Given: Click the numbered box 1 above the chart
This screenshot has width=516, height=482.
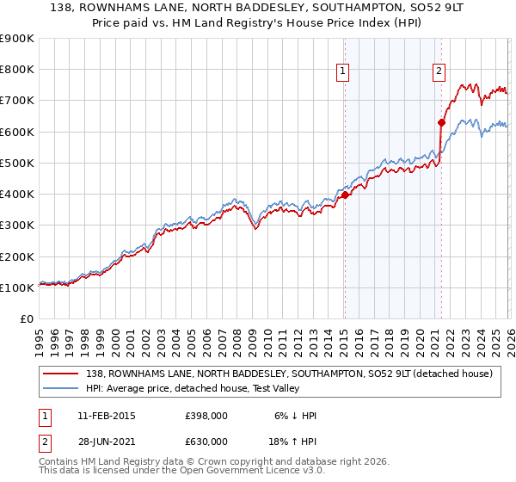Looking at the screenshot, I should coord(343,71).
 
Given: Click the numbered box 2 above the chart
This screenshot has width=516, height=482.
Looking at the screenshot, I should coord(439,71).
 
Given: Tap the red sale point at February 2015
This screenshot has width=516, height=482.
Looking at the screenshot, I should coord(345,195).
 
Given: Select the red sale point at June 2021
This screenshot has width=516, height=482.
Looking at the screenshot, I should coord(441,122).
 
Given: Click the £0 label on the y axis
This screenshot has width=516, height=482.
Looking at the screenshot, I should coord(26,318).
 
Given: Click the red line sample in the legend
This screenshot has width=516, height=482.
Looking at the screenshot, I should coord(62,374).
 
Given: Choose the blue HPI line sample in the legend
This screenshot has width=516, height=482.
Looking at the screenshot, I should coord(62,388).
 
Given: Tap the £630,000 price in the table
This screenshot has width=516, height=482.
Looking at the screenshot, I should coord(206,442).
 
